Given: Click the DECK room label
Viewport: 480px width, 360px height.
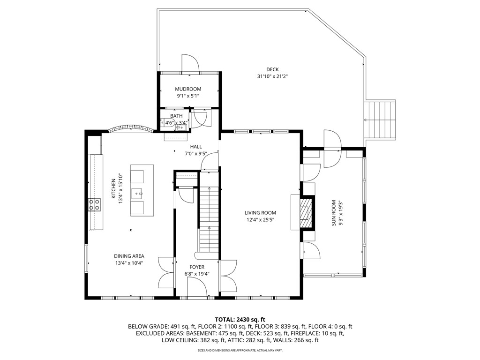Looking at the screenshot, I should click(x=272, y=69).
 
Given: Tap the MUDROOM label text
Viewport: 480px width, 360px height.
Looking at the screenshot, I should click(x=188, y=89).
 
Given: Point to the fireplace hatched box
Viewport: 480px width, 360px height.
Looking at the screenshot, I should click(x=306, y=212).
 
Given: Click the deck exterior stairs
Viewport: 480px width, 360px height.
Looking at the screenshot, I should click(x=380, y=119).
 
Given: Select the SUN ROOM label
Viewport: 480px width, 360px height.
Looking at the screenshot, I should click(x=334, y=213).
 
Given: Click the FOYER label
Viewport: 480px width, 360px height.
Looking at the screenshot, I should click(x=197, y=267).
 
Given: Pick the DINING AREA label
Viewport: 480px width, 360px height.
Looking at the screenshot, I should click(x=129, y=256).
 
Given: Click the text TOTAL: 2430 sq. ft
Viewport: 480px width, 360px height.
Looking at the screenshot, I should click(x=240, y=319).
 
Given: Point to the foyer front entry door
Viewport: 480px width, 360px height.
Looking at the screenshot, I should click(x=197, y=287).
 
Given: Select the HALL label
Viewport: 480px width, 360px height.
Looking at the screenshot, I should click(x=196, y=147).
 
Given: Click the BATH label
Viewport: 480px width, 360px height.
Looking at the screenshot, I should click(x=176, y=116).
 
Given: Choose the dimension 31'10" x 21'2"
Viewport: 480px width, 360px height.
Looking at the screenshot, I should click(x=272, y=76).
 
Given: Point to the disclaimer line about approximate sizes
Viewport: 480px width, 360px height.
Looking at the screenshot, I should click(x=240, y=350).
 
